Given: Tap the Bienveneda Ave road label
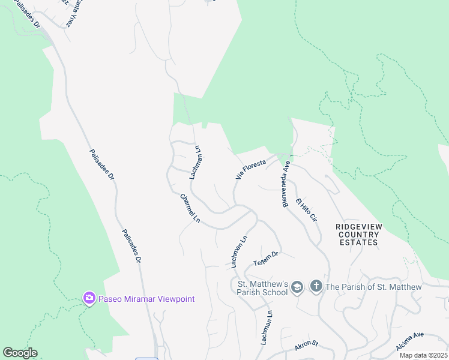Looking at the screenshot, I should point(286,184).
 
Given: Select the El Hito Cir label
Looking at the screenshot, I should point(306,209).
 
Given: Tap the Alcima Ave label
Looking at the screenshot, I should point(410,343).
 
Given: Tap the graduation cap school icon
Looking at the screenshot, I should point(297,288).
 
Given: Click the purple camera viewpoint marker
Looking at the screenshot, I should point(89,298).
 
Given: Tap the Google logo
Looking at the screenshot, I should point(20,353).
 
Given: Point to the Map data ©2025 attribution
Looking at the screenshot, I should point(423,355).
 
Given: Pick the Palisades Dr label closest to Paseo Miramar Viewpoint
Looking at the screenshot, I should point(130,246).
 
